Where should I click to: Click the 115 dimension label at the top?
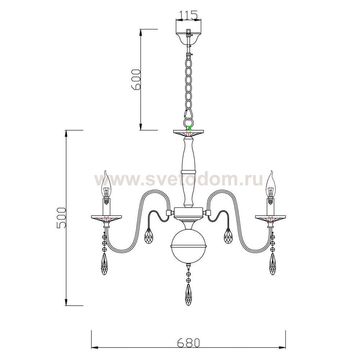[188, 15]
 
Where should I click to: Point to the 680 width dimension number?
[188, 342]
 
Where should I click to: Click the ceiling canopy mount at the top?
[188, 36]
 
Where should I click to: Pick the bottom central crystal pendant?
[188, 294]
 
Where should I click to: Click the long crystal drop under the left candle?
[105, 264]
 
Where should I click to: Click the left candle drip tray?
[106, 218]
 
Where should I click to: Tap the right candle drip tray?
[271, 218]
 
